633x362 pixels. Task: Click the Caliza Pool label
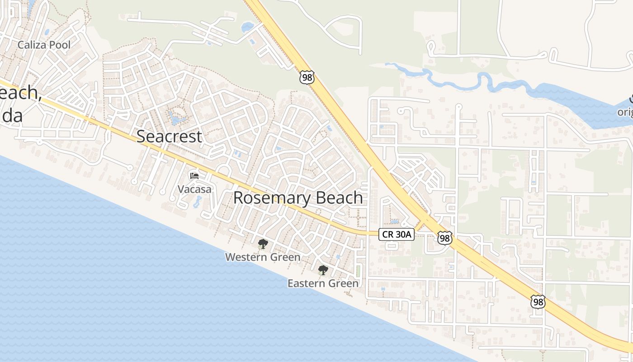tap(44, 45)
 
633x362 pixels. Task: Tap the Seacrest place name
tap(169, 136)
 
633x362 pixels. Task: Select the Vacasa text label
tap(194, 189)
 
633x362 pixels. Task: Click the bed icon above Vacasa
tap(194, 176)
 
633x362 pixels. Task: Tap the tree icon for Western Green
tap(262, 244)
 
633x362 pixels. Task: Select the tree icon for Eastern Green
tap(323, 271)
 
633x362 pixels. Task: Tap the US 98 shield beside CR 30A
tap(445, 238)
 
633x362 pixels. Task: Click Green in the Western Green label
tap(285, 257)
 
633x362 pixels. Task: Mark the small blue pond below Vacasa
tap(198, 202)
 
